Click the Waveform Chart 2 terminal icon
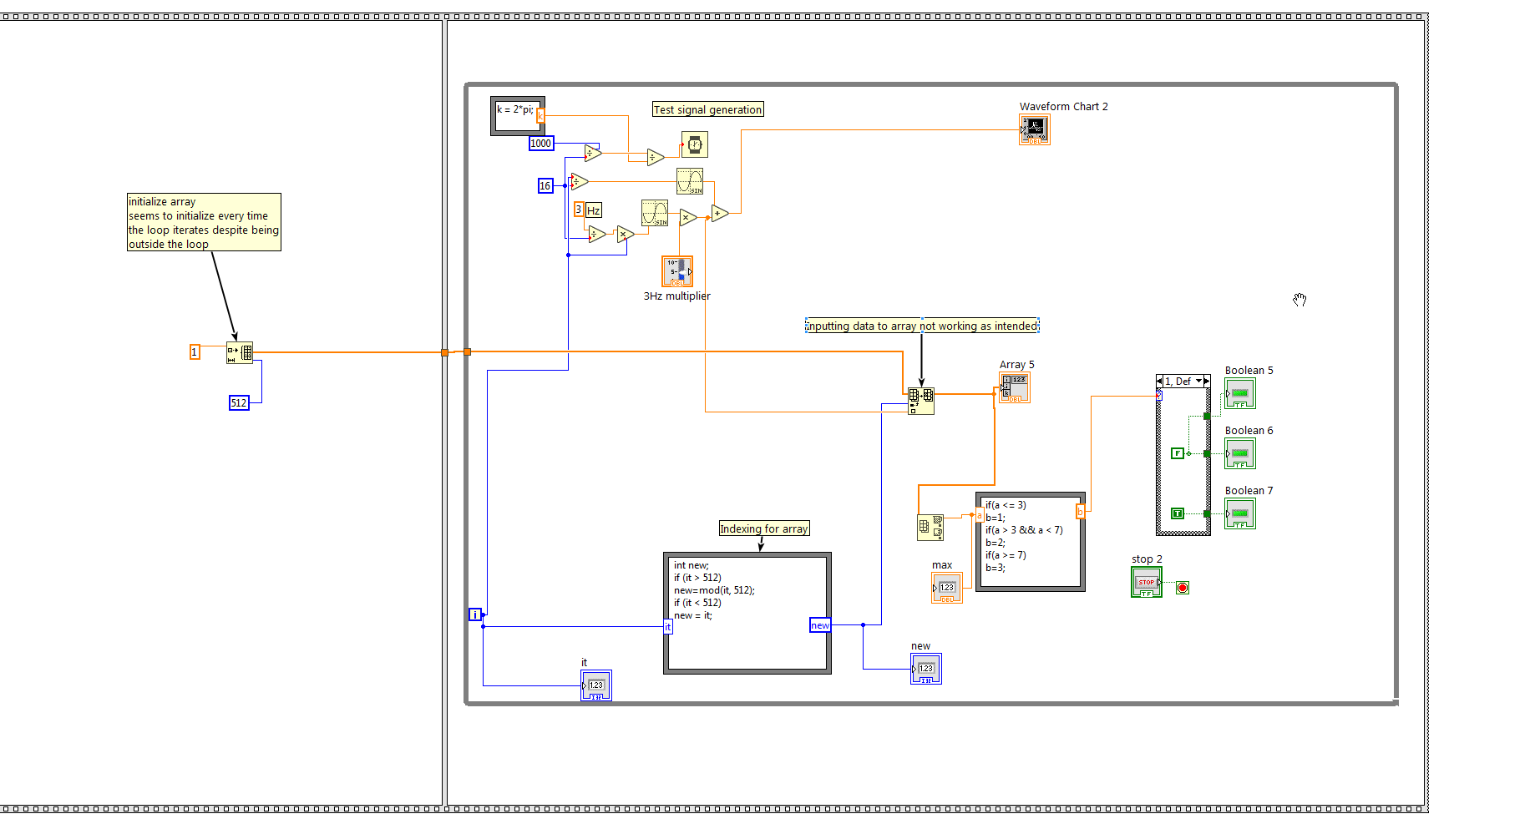coord(1034,129)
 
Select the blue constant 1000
coord(541,144)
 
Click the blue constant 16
coord(545,186)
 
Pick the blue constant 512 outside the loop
coord(239,403)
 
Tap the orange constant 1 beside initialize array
coord(195,352)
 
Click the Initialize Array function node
coord(240,352)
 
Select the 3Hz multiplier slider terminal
coord(676,271)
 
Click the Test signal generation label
coord(707,109)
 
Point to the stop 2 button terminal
coord(1146,582)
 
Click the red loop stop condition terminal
coord(1183,588)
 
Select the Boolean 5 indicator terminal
coord(1239,393)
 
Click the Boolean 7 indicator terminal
coord(1239,513)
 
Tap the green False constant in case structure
coord(1178,453)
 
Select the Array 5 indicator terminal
coord(1015,387)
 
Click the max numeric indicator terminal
coord(946,588)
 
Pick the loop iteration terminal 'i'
coord(475,614)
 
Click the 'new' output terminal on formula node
coord(820,625)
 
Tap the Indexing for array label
coord(764,528)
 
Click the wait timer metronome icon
coord(695,144)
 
